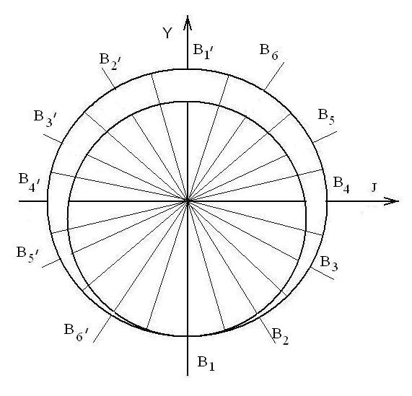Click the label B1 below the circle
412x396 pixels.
click(206, 364)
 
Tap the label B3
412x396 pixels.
click(329, 263)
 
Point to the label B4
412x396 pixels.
click(341, 185)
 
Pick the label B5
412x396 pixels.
click(326, 117)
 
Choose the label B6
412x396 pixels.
click(269, 52)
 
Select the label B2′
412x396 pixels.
click(110, 62)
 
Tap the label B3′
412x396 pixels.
click(44, 119)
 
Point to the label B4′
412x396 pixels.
click(29, 182)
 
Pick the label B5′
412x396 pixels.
click(27, 255)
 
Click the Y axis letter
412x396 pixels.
click(167, 33)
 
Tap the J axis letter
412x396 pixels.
click(374, 188)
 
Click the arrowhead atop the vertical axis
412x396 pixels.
click(188, 22)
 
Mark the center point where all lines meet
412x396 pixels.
click(188, 201)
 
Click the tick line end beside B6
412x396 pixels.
click(284, 63)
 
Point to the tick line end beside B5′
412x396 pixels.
click(43, 268)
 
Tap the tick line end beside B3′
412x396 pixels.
click(43, 135)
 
